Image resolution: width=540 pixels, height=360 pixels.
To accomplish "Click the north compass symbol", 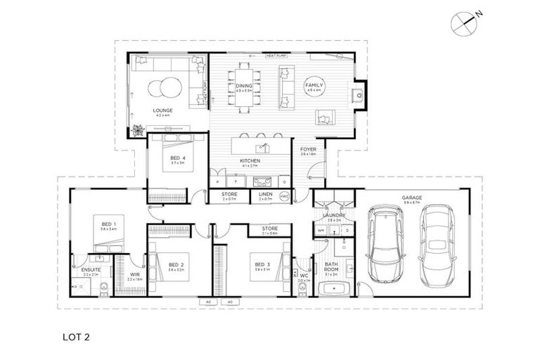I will point(465,21).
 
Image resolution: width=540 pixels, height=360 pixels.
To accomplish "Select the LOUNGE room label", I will point(162,110).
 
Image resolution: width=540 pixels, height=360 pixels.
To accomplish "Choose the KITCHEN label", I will point(250,161).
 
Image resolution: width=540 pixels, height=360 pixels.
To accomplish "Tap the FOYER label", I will point(308,150).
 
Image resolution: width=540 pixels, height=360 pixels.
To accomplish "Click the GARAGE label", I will point(411,198).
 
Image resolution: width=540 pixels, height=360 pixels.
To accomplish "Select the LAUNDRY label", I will point(332,216).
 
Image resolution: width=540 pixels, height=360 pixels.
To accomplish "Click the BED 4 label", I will point(178,157).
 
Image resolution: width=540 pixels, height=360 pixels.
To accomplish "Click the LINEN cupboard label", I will point(265,194).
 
